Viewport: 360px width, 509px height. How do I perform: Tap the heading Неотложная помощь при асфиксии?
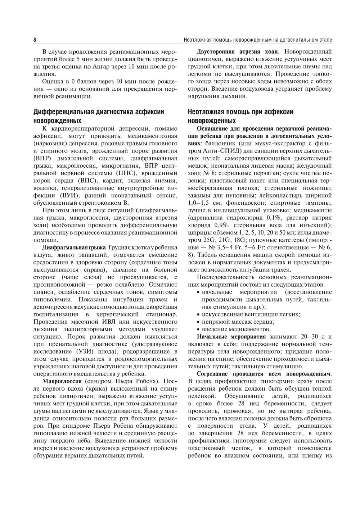tap(240, 112)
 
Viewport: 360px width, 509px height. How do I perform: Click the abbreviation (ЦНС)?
tap(129, 173)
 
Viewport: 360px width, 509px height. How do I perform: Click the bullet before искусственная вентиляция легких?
tap(198, 314)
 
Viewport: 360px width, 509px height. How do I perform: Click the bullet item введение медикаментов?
tap(236, 329)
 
